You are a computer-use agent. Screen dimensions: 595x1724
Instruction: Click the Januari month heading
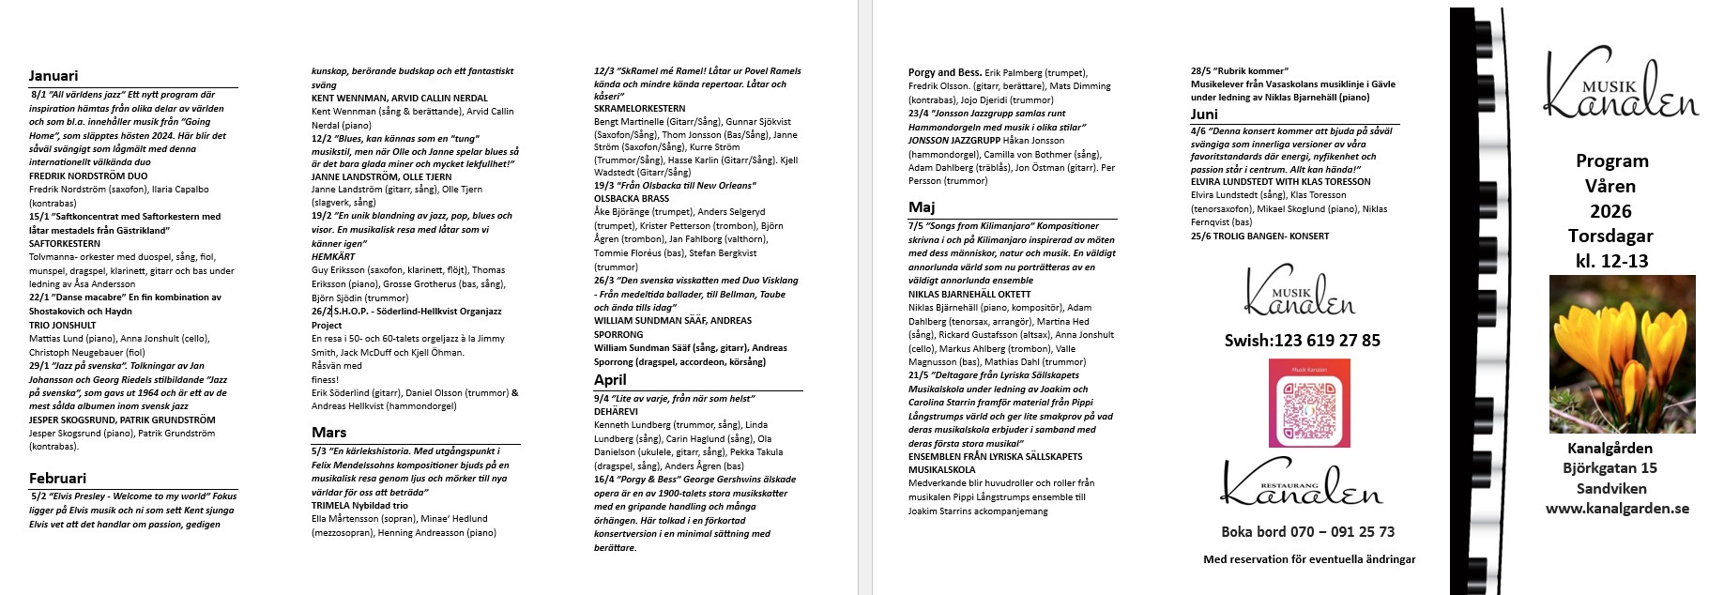(53, 76)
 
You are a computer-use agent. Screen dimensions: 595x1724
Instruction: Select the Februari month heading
(57, 479)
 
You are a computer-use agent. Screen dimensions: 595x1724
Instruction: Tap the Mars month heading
(328, 433)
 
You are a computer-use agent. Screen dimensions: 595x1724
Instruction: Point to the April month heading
(610, 380)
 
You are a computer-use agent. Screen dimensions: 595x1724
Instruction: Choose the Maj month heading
(922, 207)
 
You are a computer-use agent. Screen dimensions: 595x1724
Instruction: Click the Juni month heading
(1204, 114)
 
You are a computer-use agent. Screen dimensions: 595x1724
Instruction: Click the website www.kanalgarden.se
(1617, 509)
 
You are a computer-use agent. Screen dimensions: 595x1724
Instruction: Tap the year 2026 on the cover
(1610, 211)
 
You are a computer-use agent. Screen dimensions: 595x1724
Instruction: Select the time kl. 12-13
(1611, 262)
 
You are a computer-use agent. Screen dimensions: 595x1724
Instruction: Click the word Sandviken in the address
(1611, 488)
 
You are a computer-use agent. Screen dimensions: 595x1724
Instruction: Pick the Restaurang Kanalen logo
(1301, 482)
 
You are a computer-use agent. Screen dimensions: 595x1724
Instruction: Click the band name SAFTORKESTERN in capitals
(65, 244)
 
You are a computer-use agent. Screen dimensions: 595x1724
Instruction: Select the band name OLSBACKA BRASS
(632, 199)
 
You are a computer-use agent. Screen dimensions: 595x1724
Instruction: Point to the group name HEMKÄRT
(333, 257)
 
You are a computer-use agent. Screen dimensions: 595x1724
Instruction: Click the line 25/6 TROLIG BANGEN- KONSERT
(1259, 236)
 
